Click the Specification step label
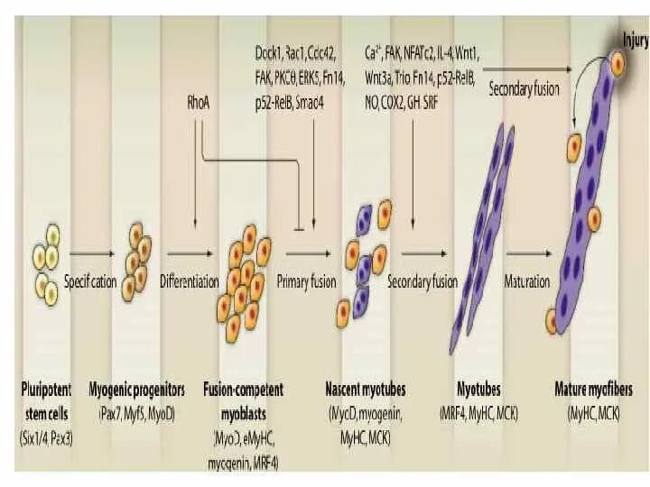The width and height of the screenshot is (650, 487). pyautogui.click(x=90, y=281)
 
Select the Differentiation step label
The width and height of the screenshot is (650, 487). pyautogui.click(x=189, y=281)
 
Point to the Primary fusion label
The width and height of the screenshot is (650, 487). pyautogui.click(x=306, y=281)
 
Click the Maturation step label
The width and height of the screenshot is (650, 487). pyautogui.click(x=526, y=281)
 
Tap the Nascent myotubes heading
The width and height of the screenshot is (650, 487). pyautogui.click(x=365, y=391)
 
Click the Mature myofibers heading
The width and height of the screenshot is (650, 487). pyautogui.click(x=593, y=391)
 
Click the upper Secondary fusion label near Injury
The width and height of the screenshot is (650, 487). pyautogui.click(x=524, y=89)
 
